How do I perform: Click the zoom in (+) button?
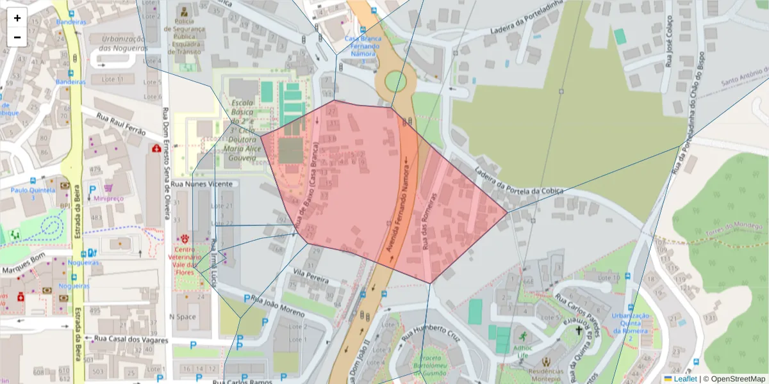coord(17,18)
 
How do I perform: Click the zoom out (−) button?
coord(17,37)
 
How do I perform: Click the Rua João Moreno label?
coord(277,305)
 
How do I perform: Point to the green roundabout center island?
coord(395,81)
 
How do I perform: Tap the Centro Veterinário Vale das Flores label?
coord(188,260)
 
